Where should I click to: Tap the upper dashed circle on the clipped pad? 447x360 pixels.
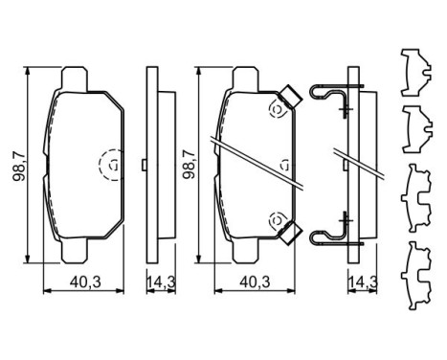tap(278, 111)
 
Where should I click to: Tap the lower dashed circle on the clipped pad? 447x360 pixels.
tap(278, 218)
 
